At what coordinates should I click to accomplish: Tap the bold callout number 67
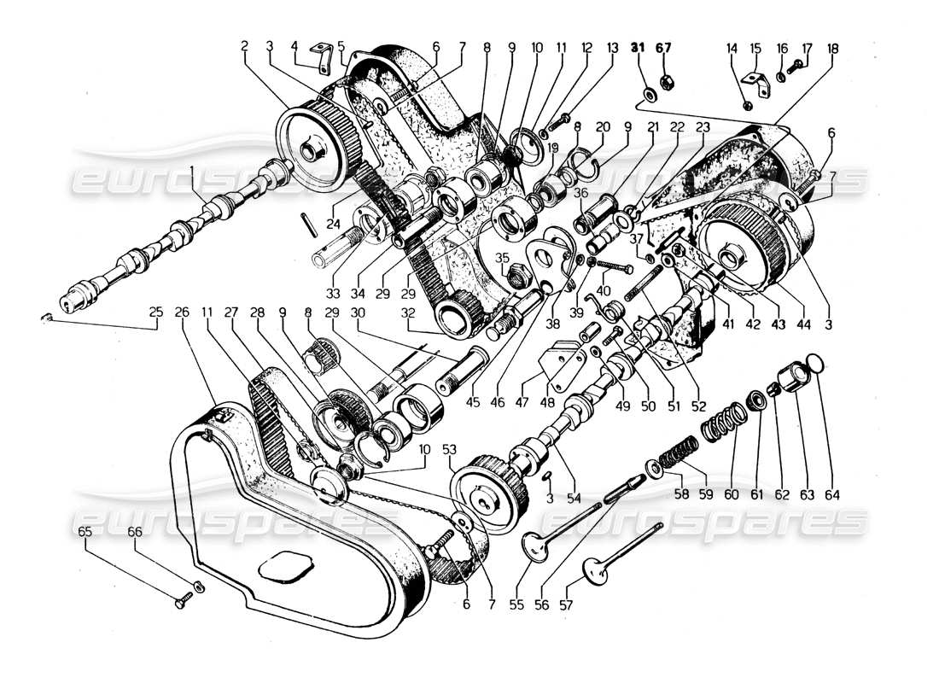coord(664,50)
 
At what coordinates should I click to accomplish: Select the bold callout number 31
coord(639,50)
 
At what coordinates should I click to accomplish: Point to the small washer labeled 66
coord(199,587)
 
